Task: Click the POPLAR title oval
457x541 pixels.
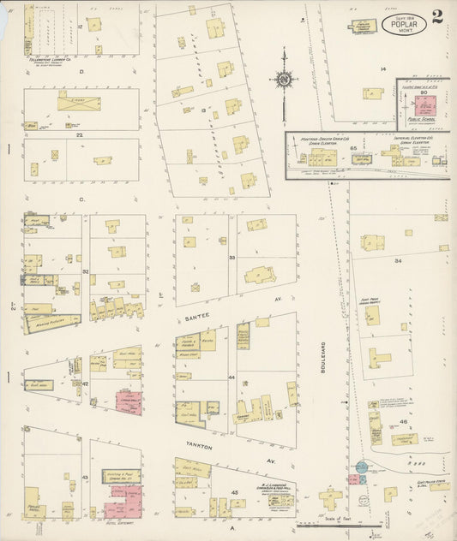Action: pyautogui.click(x=403, y=25)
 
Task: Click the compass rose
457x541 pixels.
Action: pyautogui.click(x=283, y=80)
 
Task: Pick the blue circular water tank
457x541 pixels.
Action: pyautogui.click(x=362, y=467)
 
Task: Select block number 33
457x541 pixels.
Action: pyautogui.click(x=232, y=257)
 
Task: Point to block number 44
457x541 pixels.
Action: pyautogui.click(x=232, y=377)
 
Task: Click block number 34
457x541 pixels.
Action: pyautogui.click(x=398, y=260)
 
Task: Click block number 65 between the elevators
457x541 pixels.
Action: pyautogui.click(x=353, y=148)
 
